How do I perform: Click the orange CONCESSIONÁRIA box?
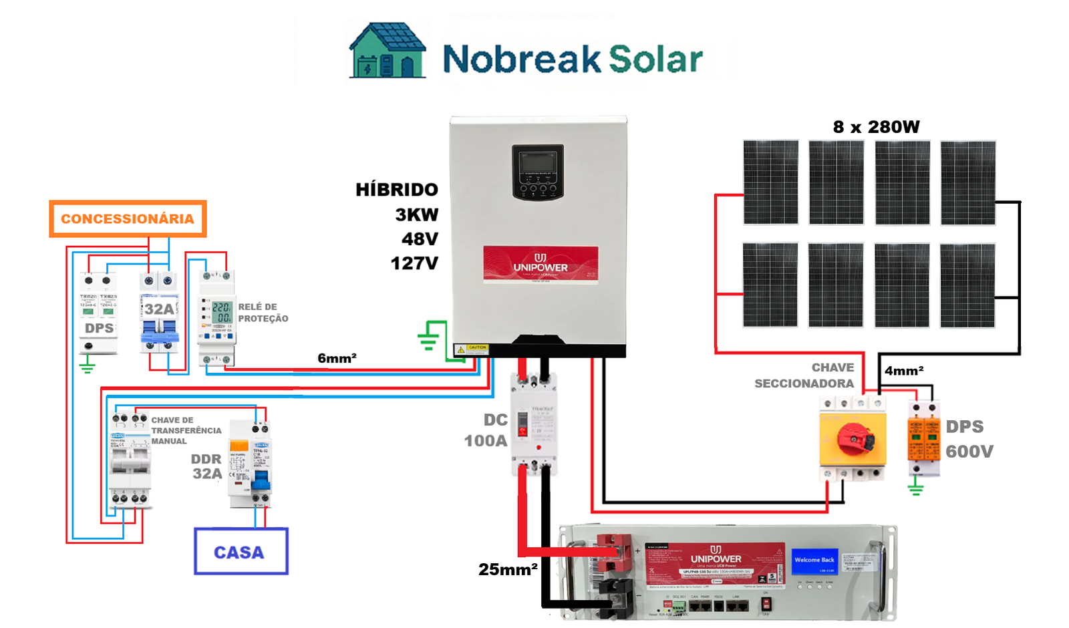[128, 218]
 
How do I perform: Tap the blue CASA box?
[241, 552]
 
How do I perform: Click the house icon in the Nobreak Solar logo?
[387, 51]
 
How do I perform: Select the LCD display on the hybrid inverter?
[538, 163]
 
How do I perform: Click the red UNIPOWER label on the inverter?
[541, 265]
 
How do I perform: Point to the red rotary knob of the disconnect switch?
[855, 437]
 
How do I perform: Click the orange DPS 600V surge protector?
[923, 438]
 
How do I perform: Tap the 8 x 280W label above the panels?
[876, 127]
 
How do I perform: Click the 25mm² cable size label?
[508, 569]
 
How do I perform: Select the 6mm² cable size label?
[337, 358]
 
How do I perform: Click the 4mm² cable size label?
[903, 371]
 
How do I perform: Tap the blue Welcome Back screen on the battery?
[814, 560]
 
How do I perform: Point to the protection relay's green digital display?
[221, 313]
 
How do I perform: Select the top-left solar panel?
[770, 182]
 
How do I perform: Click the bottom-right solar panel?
[967, 285]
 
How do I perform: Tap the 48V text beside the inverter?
[420, 239]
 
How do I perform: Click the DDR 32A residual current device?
[249, 464]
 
